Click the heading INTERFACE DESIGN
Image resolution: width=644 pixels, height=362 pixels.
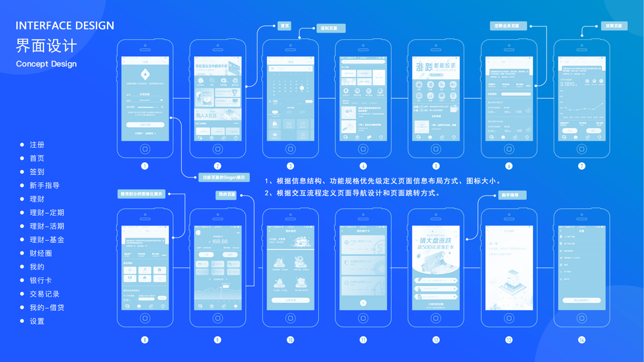point(65,25)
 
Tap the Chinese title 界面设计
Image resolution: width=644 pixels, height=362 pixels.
point(46,45)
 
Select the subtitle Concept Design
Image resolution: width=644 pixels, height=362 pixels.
point(46,64)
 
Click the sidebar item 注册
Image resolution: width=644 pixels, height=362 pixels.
point(37,145)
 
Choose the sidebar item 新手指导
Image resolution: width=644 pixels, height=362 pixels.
point(45,185)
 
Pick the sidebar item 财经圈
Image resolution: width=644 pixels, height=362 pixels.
point(40,253)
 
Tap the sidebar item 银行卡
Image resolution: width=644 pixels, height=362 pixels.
point(40,281)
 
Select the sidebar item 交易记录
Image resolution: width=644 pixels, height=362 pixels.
point(45,294)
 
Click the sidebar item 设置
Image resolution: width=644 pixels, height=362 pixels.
point(37,321)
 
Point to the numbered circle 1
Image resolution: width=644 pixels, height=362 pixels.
point(145,166)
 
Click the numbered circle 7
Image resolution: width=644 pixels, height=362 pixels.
point(581,166)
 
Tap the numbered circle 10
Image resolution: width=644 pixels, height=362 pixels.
point(290,340)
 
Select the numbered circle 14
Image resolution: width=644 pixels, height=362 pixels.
point(581,340)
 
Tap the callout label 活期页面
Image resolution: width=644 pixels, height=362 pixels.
point(614,26)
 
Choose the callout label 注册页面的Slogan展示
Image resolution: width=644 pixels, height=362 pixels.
point(224,177)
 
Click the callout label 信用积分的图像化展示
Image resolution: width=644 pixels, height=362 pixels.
point(142,194)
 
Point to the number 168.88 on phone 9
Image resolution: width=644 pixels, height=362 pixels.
point(218,241)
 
